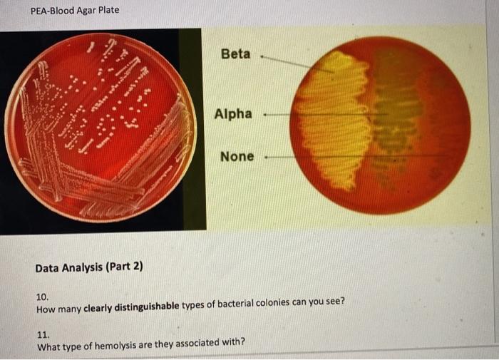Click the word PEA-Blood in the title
point(54,11)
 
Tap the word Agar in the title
point(88,11)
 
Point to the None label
point(237,156)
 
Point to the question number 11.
point(42,333)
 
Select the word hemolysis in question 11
point(118,343)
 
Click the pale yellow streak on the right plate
point(331,121)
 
